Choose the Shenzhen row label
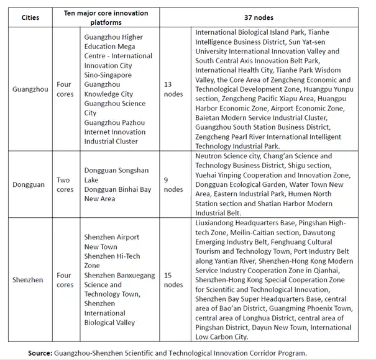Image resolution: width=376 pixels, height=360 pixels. point(28,280)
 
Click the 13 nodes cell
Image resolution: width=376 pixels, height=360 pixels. point(173,89)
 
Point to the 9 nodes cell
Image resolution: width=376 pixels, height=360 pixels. point(173,184)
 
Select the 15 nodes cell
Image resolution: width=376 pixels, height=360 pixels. point(173,280)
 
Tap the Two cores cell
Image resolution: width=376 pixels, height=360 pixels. point(65,184)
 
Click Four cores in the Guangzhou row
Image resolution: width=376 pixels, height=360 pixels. point(65,89)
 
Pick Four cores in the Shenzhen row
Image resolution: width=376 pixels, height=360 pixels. point(65,280)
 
